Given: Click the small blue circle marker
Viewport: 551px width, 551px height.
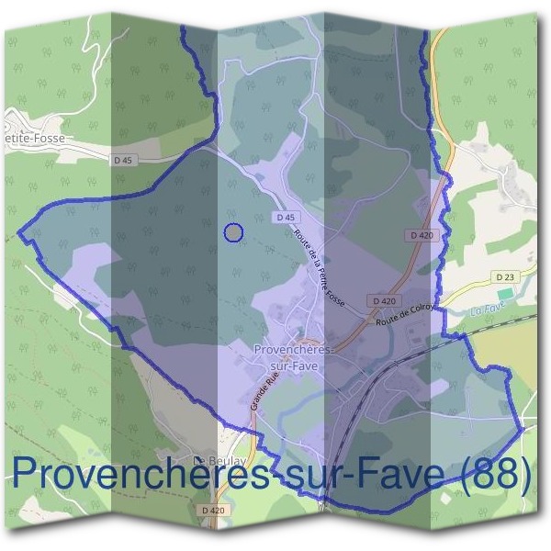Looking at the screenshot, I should pyautogui.click(x=234, y=233).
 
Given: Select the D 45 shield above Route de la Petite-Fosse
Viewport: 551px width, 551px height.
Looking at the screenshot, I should pyautogui.click(x=285, y=218).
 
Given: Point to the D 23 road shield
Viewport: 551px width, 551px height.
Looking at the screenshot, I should pyautogui.click(x=504, y=276).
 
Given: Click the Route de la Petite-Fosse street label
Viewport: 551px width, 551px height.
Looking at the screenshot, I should pyautogui.click(x=319, y=266).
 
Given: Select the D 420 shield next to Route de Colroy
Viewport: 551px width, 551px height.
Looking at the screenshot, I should pyautogui.click(x=385, y=300).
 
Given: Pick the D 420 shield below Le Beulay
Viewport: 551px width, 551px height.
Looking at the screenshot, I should pyautogui.click(x=211, y=509).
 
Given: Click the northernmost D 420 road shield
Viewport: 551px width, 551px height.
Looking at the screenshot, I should pyautogui.click(x=422, y=235).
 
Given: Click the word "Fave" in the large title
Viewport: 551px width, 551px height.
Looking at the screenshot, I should pyautogui.click(x=397, y=476).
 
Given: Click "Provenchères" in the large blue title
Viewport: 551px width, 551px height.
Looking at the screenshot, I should pyautogui.click(x=129, y=476).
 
